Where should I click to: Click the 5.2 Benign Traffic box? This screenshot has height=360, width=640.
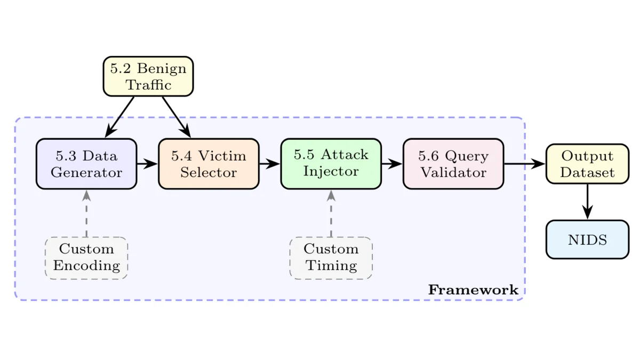click(x=148, y=77)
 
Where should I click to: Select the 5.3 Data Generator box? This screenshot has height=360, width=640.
click(x=86, y=164)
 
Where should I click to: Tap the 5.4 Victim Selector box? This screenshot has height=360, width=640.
click(x=209, y=164)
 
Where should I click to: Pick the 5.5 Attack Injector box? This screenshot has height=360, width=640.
click(x=331, y=163)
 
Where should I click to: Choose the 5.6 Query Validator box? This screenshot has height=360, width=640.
click(x=453, y=164)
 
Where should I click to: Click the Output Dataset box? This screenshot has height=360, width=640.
click(x=587, y=164)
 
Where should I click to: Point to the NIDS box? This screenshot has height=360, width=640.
click(x=587, y=239)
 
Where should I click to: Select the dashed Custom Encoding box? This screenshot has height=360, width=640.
click(x=86, y=258)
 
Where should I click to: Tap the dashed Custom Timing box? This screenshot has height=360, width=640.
click(x=331, y=258)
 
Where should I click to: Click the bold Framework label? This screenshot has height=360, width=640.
click(x=473, y=290)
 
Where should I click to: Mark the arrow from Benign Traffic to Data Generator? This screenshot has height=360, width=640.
click(x=120, y=117)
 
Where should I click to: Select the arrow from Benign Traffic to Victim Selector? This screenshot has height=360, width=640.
click(x=176, y=117)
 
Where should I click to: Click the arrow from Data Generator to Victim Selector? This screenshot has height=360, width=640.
click(x=147, y=164)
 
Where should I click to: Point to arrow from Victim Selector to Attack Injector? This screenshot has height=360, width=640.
click(x=269, y=164)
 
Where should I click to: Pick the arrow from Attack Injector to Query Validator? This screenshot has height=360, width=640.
click(x=391, y=164)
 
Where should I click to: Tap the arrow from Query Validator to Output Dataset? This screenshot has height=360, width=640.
click(x=524, y=164)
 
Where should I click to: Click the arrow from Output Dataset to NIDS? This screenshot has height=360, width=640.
click(x=587, y=201)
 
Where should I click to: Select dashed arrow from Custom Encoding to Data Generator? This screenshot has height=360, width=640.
click(x=86, y=213)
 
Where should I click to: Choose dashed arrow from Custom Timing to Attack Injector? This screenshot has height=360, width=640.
click(x=331, y=213)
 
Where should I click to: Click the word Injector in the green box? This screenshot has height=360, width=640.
click(x=331, y=172)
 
